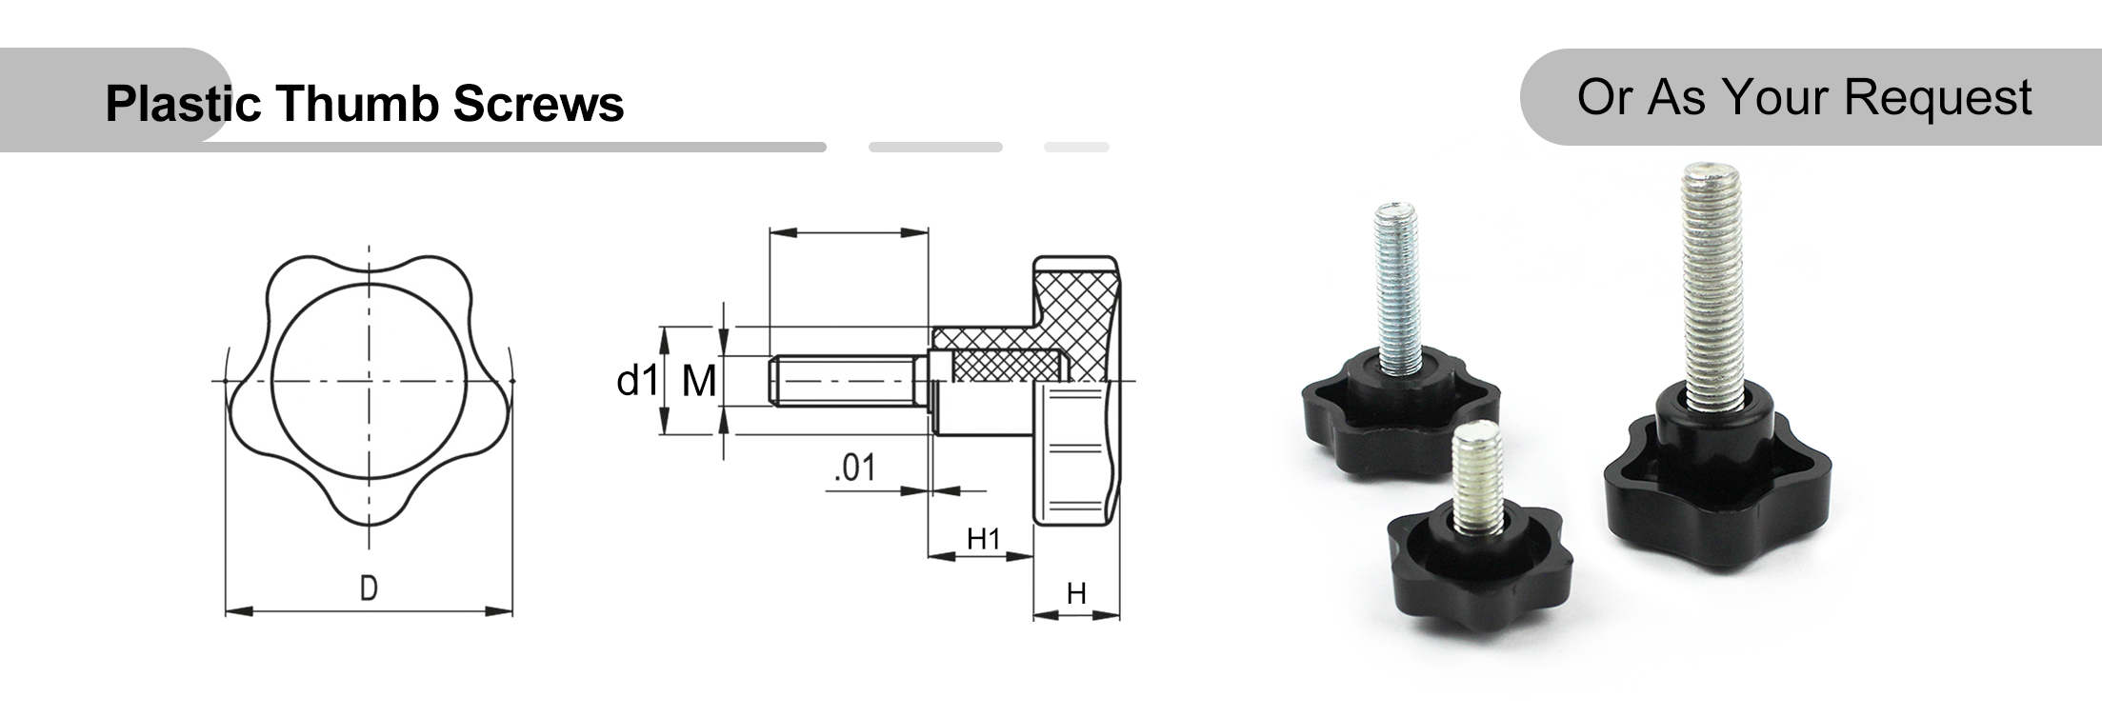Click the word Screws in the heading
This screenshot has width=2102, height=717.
click(538, 103)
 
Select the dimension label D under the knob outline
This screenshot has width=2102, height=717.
click(369, 588)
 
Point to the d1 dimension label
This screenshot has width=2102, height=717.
click(636, 381)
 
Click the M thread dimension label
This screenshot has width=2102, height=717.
click(699, 382)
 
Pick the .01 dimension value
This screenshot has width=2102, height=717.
click(854, 468)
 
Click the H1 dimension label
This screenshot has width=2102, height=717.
click(983, 539)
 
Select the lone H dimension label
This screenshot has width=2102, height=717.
click(1076, 594)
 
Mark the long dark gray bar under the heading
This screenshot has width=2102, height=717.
click(514, 148)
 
